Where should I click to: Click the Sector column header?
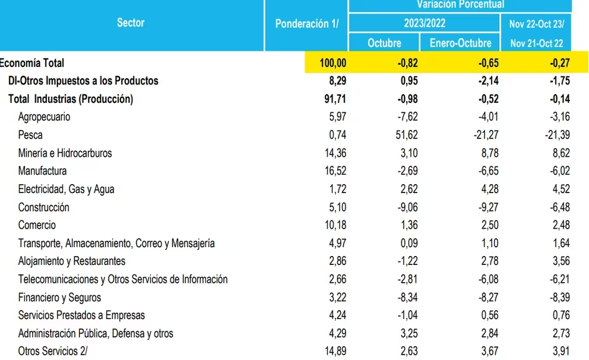(x=131, y=23)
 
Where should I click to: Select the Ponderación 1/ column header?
(x=306, y=24)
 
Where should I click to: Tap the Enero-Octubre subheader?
(x=460, y=43)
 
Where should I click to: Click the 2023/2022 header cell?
(x=424, y=24)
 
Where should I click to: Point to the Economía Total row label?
(x=32, y=63)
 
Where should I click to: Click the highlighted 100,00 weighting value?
(x=332, y=63)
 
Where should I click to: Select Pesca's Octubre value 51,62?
(x=404, y=135)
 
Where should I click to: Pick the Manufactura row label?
(x=42, y=171)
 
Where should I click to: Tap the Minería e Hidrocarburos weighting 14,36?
(x=334, y=153)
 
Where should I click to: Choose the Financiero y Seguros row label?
(x=59, y=298)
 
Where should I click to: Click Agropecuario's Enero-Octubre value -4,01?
(x=486, y=117)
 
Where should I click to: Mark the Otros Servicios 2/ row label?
(x=52, y=352)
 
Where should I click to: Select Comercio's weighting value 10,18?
(x=334, y=225)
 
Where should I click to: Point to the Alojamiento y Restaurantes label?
(x=72, y=261)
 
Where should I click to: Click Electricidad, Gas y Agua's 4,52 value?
(x=560, y=190)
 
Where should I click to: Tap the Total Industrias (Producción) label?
(x=71, y=99)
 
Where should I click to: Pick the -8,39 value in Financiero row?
(x=558, y=298)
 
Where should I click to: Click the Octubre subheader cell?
(x=384, y=43)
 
